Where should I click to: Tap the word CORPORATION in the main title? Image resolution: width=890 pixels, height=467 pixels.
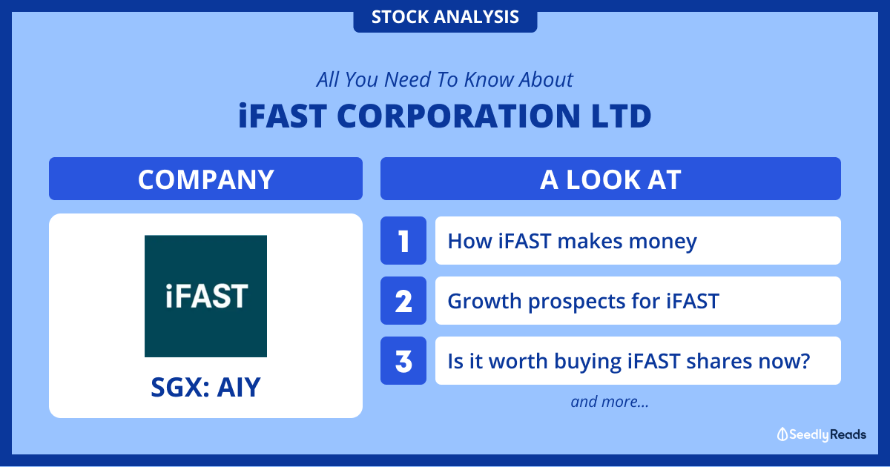pos(458,116)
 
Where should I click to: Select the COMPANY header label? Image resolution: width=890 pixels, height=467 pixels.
pos(206,179)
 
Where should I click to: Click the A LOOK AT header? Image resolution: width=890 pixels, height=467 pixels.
pos(610,179)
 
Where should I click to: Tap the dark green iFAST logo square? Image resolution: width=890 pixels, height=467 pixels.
pos(206,297)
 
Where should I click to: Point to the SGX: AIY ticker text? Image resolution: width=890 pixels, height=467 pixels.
pos(206,387)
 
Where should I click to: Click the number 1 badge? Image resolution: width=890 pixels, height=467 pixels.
pos(403,241)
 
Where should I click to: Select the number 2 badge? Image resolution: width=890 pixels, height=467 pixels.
pos(403,301)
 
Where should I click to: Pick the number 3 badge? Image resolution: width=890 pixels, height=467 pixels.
pos(403,360)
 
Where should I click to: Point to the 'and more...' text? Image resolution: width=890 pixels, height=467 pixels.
pos(610,402)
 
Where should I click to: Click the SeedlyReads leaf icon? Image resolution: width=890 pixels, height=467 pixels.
pos(782,434)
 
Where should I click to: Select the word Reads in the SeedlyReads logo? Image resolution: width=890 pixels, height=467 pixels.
pos(848,434)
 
